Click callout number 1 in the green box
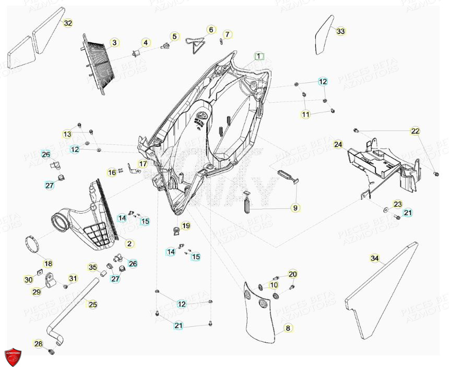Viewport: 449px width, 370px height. [x=259, y=56]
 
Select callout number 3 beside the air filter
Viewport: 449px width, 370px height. [x=115, y=42]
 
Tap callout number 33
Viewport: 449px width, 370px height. [x=340, y=32]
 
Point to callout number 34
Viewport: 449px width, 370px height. [x=374, y=258]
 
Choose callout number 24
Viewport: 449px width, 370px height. [x=338, y=144]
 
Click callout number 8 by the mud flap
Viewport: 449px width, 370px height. [x=287, y=328]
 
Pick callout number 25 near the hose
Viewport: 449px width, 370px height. [x=92, y=304]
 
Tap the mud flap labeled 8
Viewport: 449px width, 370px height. [x=261, y=315]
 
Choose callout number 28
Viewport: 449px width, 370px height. [x=39, y=343]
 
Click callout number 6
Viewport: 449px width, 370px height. [x=211, y=30]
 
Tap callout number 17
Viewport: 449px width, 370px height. [x=140, y=164]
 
